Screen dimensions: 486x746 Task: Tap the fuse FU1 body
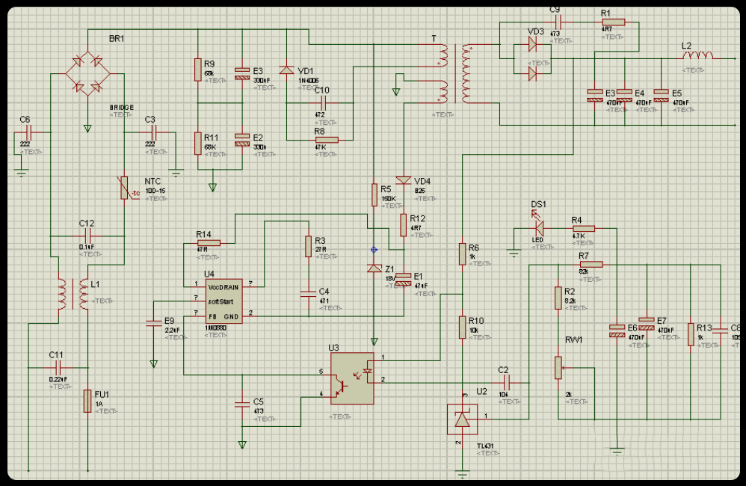(x=87, y=401)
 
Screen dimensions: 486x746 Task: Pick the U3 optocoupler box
(x=351, y=378)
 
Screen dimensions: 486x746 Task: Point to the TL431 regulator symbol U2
(x=461, y=419)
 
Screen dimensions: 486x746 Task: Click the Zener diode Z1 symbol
(x=374, y=268)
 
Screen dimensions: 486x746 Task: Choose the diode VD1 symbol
(x=286, y=70)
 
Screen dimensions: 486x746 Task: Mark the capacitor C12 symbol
(x=87, y=237)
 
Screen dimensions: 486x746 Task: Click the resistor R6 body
(x=463, y=254)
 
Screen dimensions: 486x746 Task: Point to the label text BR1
(x=117, y=38)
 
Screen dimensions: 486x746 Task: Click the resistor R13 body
(x=691, y=334)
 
